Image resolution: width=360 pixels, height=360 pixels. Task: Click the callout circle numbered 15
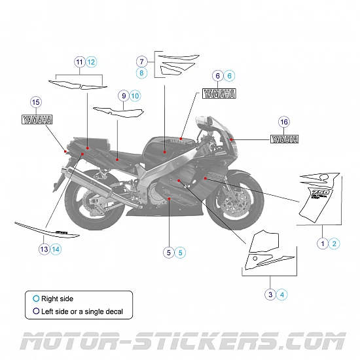click(35, 101)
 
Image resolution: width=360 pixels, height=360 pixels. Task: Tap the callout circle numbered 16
click(283, 122)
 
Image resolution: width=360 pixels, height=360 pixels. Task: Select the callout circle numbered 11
click(80, 62)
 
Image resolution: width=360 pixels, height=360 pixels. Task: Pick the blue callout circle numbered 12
click(92, 62)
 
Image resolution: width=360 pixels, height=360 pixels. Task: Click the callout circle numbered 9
click(124, 96)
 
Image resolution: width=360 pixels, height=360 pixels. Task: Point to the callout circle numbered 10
click(135, 96)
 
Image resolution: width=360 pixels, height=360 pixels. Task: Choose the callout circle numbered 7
click(142, 61)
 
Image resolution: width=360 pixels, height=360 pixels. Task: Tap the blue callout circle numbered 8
click(142, 73)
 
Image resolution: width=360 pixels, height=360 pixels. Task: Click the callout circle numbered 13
click(44, 249)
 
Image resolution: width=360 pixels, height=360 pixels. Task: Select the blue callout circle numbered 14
click(56, 249)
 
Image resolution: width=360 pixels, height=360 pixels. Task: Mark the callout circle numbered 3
click(270, 295)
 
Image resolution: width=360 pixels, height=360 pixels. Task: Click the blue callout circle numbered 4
click(282, 295)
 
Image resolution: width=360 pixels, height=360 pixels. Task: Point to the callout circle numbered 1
click(322, 243)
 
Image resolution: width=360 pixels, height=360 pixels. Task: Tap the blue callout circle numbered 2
click(334, 243)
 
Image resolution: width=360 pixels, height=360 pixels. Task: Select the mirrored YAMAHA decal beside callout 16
click(286, 139)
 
